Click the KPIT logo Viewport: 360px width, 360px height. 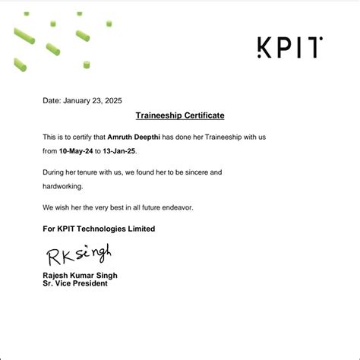coord(289,48)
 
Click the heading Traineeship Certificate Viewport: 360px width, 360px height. coord(180,115)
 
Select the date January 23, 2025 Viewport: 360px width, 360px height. coord(92,100)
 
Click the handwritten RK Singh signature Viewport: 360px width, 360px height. coord(78,252)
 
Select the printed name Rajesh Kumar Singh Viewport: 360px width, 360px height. coord(80,275)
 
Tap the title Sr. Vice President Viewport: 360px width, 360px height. coord(75,283)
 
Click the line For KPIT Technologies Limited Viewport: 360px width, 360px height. coord(99,229)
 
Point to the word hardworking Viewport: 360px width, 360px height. coord(63,186)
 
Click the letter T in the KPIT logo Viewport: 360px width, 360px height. coord(315,48)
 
